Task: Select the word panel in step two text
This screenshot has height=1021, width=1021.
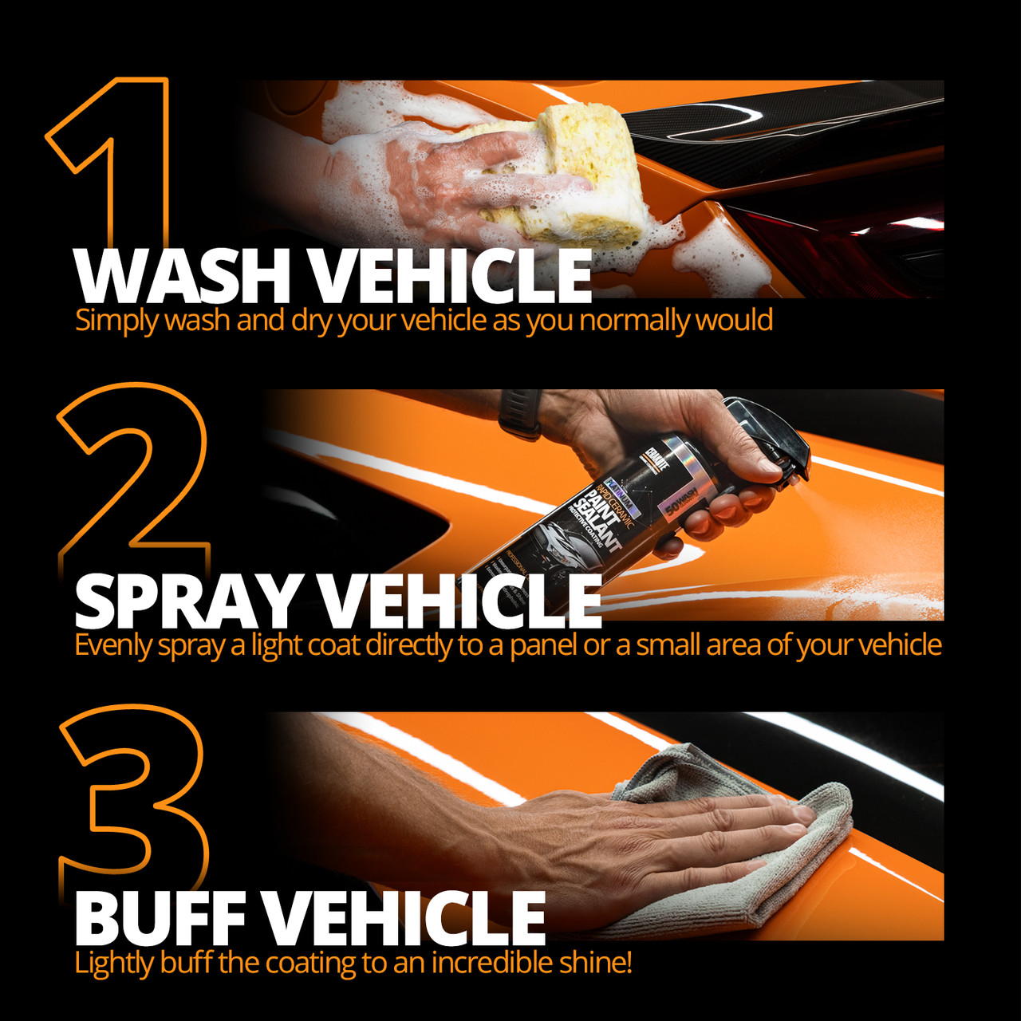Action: (543, 645)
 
